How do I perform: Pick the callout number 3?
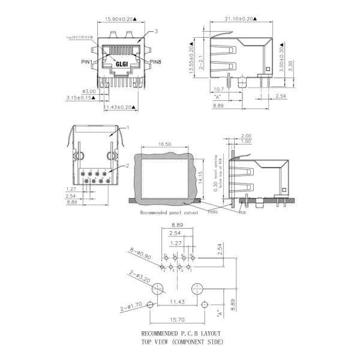[x=156, y=31]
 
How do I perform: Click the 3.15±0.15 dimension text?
[x=80, y=97]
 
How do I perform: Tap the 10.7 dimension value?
[x=220, y=89]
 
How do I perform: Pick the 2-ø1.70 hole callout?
[x=131, y=306]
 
